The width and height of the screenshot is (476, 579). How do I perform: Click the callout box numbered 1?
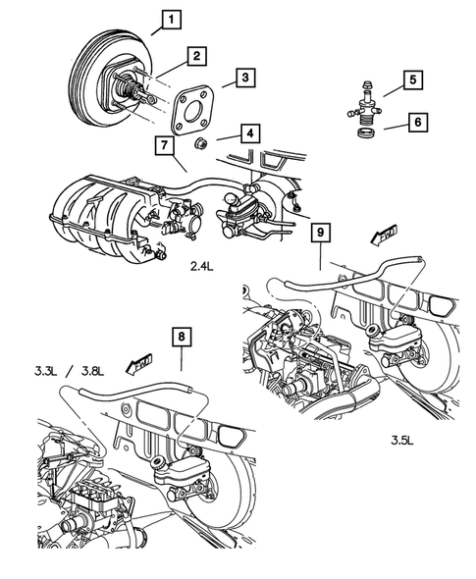[171, 19]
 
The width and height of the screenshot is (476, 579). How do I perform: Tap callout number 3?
[246, 76]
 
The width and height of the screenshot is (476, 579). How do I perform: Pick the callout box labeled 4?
[250, 132]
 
